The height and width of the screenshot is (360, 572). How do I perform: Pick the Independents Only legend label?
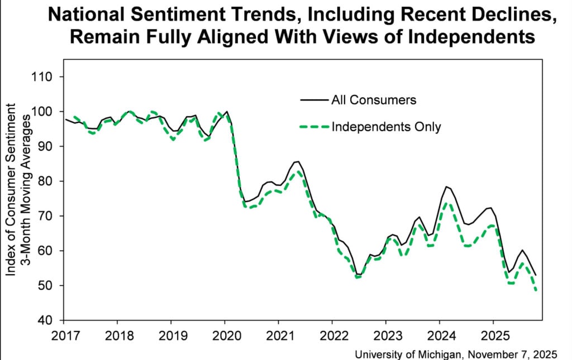pyautogui.click(x=387, y=127)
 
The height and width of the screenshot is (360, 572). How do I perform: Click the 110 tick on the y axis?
pyautogui.click(x=49, y=77)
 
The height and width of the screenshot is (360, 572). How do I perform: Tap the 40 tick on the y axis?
pyautogui.click(x=52, y=320)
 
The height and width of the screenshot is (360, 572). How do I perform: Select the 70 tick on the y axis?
pyautogui.click(x=52, y=216)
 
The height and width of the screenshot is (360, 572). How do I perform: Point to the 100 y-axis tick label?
pyautogui.click(x=49, y=112)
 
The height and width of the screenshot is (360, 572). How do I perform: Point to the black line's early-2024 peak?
pyautogui.click(x=446, y=186)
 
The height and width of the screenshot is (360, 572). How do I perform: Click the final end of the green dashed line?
pyautogui.click(x=536, y=291)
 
